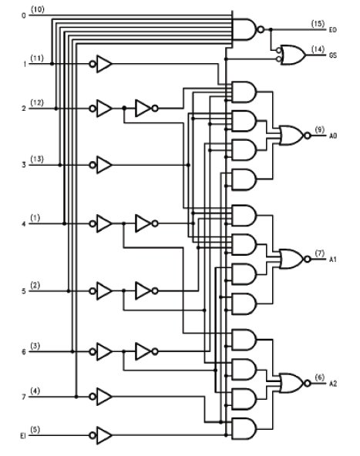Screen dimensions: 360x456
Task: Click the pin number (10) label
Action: (x=38, y=9)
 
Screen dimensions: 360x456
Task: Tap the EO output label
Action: (x=333, y=30)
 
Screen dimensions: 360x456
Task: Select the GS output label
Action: (x=333, y=55)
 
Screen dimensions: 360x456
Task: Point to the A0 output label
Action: (x=333, y=136)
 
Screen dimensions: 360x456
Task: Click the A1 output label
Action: (x=333, y=259)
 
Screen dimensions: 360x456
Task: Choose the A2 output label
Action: (x=333, y=384)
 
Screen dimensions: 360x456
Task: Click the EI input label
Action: (x=23, y=436)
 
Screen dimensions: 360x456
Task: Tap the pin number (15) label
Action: (x=318, y=24)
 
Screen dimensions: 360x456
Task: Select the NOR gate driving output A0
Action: (x=294, y=136)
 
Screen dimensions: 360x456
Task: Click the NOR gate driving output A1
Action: (x=294, y=259)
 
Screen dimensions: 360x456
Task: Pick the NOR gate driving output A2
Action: (x=294, y=384)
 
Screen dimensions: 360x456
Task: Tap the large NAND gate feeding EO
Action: (x=248, y=29)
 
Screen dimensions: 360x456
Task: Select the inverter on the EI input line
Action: (x=101, y=435)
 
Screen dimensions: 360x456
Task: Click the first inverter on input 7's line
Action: (x=101, y=397)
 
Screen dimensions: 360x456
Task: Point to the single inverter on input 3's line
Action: (x=101, y=165)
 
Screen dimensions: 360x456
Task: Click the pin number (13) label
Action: (x=37, y=159)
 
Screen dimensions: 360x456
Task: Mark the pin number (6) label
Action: (x=320, y=377)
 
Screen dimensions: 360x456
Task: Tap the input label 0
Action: (x=24, y=15)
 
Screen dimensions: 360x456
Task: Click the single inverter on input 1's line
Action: (x=101, y=64)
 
